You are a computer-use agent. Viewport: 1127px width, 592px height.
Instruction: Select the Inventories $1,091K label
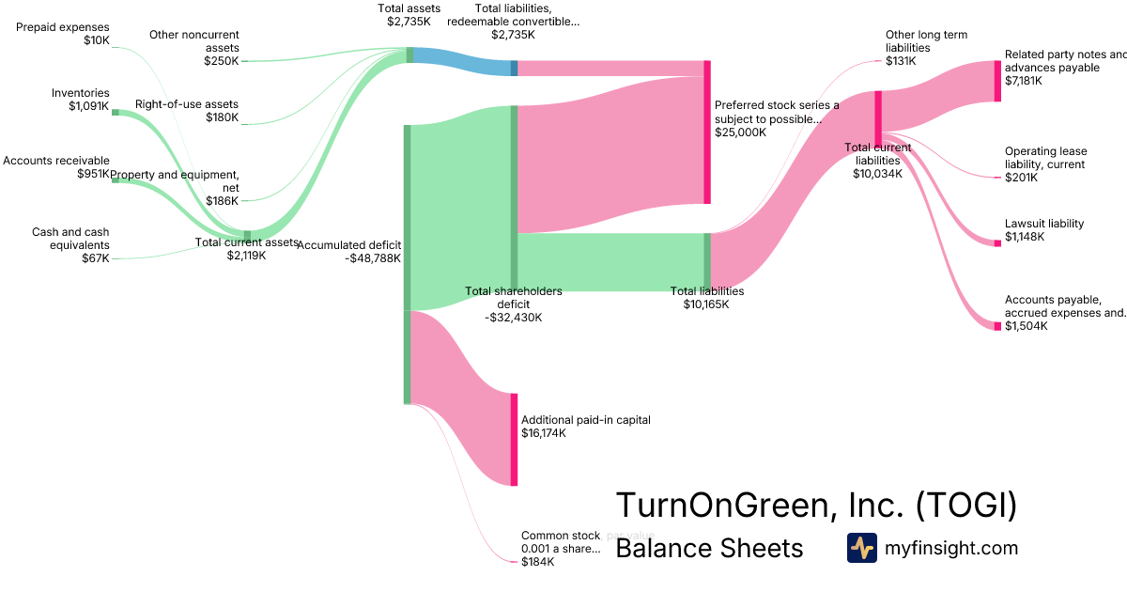coord(80,100)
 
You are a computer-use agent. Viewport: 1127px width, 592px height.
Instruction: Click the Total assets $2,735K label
coord(409,14)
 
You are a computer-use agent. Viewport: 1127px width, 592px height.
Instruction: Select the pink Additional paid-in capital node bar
coord(514,440)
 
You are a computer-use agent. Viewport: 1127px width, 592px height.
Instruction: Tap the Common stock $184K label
coord(560,549)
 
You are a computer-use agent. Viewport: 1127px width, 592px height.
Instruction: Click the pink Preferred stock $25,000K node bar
coord(707,132)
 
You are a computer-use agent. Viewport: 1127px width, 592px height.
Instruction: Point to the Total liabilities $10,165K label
coord(706,298)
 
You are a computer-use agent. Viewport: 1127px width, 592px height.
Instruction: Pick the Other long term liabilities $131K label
coord(925,48)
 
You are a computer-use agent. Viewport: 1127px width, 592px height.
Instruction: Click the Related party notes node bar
coord(997,81)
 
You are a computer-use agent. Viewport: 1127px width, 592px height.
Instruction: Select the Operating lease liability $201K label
coord(1044,164)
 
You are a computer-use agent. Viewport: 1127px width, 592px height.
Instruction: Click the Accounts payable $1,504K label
coord(1064,313)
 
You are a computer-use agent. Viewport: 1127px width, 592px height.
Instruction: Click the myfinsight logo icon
coord(861,548)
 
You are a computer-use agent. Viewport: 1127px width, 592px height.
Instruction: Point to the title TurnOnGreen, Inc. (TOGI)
coord(816,506)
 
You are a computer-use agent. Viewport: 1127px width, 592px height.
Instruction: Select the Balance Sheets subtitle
coord(709,549)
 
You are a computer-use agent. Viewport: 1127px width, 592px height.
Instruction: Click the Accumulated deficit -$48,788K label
coord(348,251)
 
